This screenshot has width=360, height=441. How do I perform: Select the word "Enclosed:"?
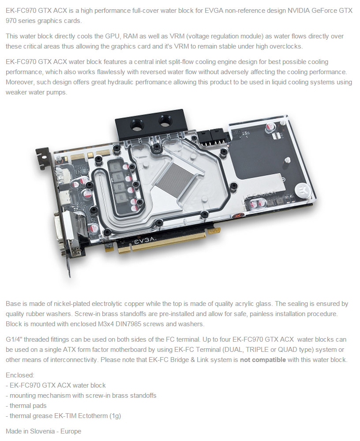tap(19, 375)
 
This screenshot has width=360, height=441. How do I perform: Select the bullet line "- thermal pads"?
tap(26, 406)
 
